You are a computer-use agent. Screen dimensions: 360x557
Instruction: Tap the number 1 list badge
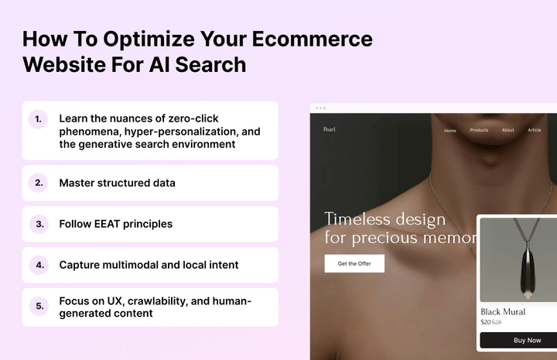click(x=38, y=119)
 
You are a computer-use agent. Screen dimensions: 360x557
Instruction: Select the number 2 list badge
click(x=38, y=183)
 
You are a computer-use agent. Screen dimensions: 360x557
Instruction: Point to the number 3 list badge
click(x=38, y=224)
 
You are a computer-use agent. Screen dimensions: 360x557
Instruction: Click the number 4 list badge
click(x=38, y=265)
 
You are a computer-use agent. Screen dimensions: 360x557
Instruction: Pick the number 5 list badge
click(x=38, y=307)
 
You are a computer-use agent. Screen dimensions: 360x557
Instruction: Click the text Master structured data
click(x=117, y=183)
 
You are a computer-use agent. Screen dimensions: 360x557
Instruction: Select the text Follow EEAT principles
click(x=115, y=224)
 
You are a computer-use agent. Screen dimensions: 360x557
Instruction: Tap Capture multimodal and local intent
click(x=149, y=265)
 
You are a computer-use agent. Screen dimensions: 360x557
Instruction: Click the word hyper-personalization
click(x=177, y=132)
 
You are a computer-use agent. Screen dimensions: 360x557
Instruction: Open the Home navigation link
click(x=450, y=130)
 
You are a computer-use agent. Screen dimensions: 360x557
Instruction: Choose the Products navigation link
click(x=479, y=130)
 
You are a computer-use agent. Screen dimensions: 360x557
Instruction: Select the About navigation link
click(x=507, y=130)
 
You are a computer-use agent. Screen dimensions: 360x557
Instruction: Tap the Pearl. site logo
click(x=330, y=129)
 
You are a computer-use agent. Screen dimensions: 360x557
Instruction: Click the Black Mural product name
click(x=503, y=312)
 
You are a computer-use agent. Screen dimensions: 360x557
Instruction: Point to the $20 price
click(x=486, y=322)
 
